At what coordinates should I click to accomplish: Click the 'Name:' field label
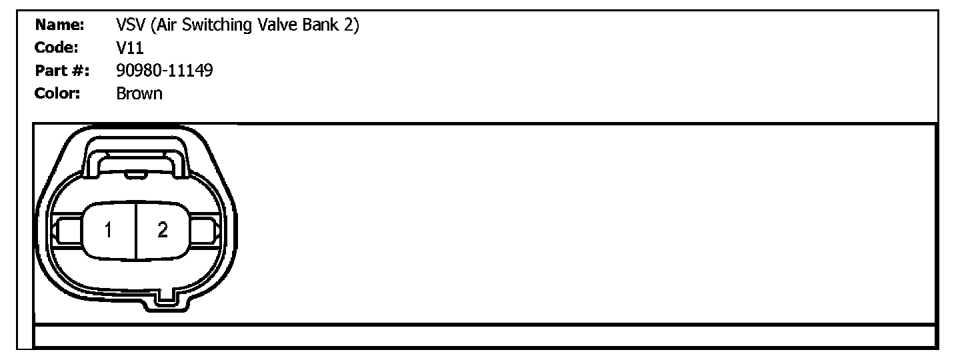59,26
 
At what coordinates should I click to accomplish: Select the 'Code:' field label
57,48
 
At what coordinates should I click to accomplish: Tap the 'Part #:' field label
62,71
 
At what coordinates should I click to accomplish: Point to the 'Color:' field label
57,93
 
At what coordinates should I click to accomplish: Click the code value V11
130,48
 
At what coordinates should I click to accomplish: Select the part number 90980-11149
164,71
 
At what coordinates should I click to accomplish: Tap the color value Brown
139,93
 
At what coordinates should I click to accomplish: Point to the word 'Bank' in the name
323,26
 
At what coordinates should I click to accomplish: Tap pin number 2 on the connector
163,231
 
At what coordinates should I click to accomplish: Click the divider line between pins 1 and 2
136,231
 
